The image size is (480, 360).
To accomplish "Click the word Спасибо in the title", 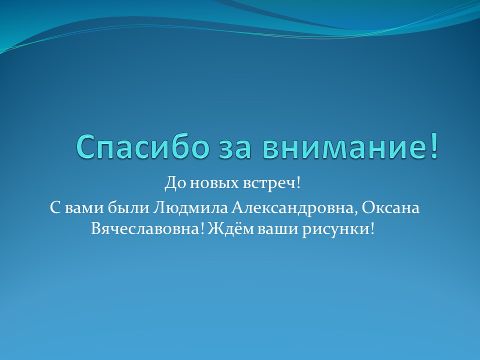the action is (143, 146).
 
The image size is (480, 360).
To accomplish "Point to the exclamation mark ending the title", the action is (432, 146).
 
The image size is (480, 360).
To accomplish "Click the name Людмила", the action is (190, 208).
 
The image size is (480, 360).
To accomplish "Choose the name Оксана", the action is (390, 208).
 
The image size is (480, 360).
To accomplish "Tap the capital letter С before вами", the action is (55, 208).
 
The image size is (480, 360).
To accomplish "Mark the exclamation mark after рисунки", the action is (372, 229).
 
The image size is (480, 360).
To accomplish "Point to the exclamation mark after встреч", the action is (298, 182).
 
